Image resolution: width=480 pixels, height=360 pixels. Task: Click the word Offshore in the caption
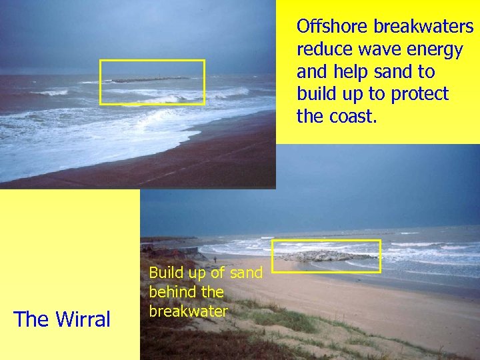(x=333, y=27)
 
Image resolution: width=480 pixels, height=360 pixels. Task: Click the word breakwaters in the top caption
(x=423, y=27)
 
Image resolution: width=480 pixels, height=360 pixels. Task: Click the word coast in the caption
(x=349, y=117)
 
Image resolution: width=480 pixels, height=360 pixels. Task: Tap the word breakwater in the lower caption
(x=189, y=311)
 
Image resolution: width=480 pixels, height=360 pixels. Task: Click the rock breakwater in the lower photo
(x=325, y=256)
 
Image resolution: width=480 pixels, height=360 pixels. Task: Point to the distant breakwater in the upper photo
(x=150, y=80)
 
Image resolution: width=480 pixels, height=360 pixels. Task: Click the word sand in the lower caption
(x=245, y=273)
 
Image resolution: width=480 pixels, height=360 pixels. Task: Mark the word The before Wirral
(x=31, y=319)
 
